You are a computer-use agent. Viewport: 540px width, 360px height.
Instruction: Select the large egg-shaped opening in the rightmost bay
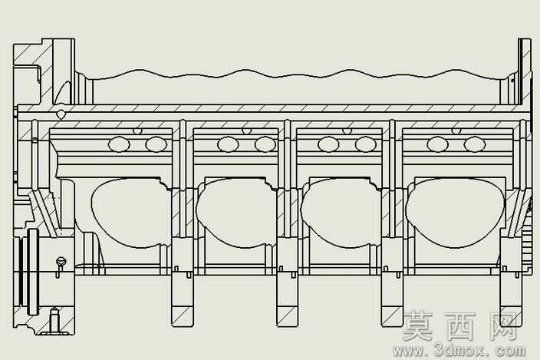point(456,213)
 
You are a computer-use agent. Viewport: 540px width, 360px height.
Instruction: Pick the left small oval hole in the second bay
point(228,144)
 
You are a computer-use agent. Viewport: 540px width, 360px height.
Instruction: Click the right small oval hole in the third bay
point(366,144)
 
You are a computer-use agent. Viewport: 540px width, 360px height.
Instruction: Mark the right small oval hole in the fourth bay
point(475,144)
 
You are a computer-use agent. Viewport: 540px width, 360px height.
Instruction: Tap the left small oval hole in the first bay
point(119,144)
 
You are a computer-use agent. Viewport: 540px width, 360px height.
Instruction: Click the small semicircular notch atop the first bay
point(137,131)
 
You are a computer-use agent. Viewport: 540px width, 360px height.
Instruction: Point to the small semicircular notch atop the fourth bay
point(456,131)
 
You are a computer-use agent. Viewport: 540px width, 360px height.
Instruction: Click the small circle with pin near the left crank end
point(61,262)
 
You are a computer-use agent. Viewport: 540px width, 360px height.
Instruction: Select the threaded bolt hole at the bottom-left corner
point(54,320)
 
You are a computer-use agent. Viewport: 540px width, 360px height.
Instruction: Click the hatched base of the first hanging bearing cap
point(183,316)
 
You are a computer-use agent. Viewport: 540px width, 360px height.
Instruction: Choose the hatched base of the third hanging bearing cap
point(391,316)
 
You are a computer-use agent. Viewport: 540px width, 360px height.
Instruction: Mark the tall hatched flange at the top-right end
point(525,71)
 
